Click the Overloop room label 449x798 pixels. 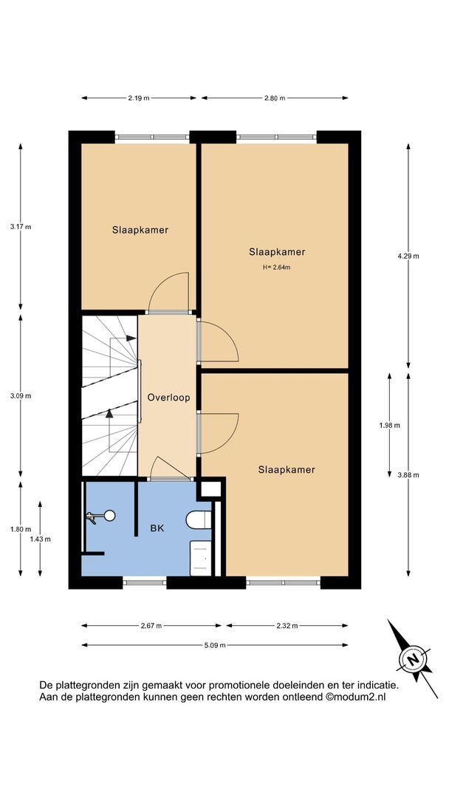168,398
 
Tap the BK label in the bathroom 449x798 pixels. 157,528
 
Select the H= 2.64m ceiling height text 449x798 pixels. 277,266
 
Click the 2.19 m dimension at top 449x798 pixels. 139,98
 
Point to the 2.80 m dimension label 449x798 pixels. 275,98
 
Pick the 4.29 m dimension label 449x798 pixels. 408,256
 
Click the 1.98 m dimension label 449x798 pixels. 389,426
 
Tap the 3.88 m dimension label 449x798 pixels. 408,475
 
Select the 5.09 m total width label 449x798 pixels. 215,645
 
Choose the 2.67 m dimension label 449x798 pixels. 151,626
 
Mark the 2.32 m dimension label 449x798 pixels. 287,626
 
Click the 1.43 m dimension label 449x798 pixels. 40,539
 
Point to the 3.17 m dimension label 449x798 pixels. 21,227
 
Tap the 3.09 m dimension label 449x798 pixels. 21,396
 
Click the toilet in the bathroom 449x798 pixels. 199,519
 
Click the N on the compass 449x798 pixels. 414,658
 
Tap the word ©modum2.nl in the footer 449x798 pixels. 355,698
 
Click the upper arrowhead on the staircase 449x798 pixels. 131,338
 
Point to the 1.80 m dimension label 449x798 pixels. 21,529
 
